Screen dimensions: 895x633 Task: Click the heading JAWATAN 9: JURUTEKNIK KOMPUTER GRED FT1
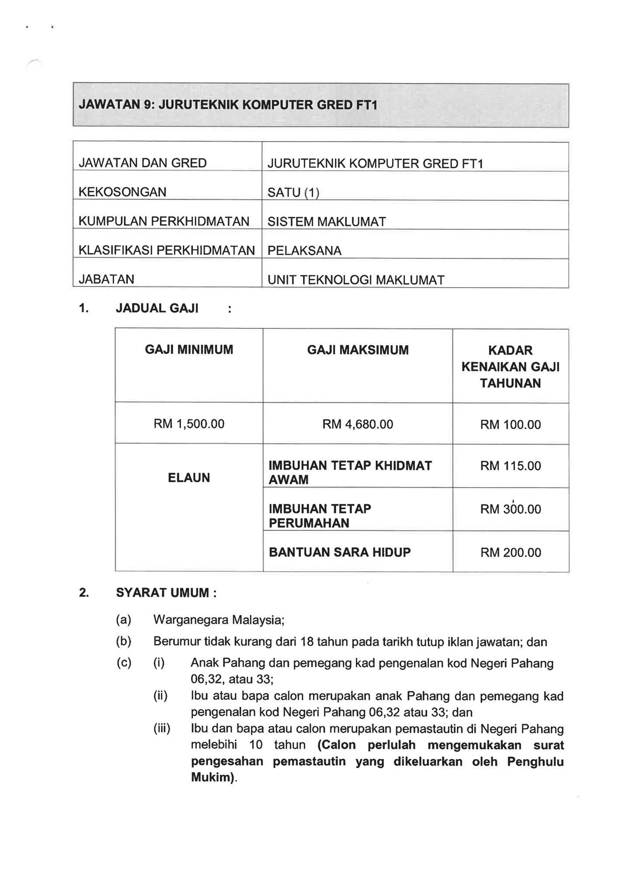[x=228, y=105]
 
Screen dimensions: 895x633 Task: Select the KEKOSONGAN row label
[x=122, y=192]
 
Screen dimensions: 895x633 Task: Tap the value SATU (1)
[x=293, y=193]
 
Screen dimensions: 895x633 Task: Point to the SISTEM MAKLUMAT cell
[x=327, y=222]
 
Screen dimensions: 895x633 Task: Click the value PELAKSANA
[x=304, y=251]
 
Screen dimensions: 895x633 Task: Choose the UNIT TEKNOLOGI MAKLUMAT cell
[x=356, y=280]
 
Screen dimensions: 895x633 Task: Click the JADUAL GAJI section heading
[x=157, y=309]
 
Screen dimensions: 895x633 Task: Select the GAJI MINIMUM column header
[x=189, y=350]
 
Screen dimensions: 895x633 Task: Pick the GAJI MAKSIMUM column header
[x=358, y=350]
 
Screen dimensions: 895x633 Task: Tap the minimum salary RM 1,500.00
[x=189, y=424]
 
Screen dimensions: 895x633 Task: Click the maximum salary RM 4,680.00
[x=358, y=424]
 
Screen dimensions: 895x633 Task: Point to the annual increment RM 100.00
[x=511, y=425]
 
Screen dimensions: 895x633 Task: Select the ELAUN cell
[x=189, y=478]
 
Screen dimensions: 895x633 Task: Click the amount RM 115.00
[x=511, y=466]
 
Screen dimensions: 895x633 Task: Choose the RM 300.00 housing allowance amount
[x=511, y=509]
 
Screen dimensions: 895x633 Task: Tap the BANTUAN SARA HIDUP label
[x=340, y=552]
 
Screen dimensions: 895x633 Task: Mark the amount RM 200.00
[x=511, y=553]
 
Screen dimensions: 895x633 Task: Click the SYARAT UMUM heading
[x=166, y=593]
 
